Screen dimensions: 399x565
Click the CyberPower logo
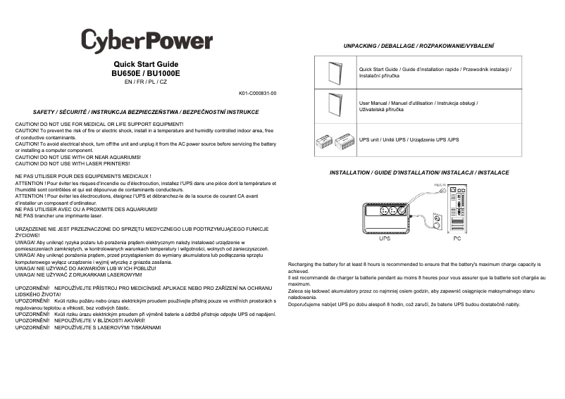[x=146, y=40]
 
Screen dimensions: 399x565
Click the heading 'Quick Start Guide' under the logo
[x=146, y=65]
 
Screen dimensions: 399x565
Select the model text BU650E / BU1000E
[x=146, y=73]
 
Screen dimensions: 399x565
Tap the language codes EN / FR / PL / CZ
[x=146, y=82]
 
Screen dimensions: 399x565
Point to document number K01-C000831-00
[x=257, y=93]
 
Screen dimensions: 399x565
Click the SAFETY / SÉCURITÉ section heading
[x=146, y=112]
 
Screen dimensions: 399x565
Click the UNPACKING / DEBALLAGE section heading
[x=418, y=45]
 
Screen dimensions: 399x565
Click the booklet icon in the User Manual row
[x=335, y=106]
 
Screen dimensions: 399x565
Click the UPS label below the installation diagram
[x=385, y=239]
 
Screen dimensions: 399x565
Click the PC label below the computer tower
[x=457, y=239]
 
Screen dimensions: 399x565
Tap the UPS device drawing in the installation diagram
[x=385, y=218]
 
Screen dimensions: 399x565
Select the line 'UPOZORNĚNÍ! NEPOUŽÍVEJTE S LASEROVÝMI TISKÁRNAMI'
[x=88, y=328]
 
